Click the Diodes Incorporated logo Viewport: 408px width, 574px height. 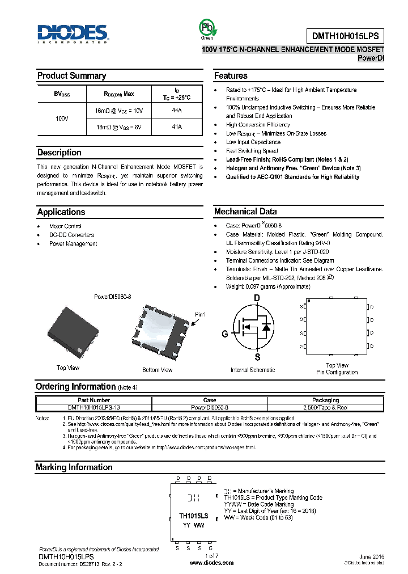pyautogui.click(x=72, y=33)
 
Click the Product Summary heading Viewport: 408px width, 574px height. pyautogui.click(x=71, y=76)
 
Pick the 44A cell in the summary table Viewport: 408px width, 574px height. pyautogui.click(x=176, y=111)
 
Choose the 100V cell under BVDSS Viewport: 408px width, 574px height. pyautogui.click(x=62, y=119)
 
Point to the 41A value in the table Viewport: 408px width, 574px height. pyautogui.click(x=176, y=127)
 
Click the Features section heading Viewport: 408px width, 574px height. pyautogui.click(x=231, y=76)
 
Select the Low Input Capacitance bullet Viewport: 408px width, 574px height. pyautogui.click(x=253, y=142)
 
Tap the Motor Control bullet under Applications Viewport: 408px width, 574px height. pyautogui.click(x=65, y=226)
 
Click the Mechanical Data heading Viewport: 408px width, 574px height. pyautogui.click(x=245, y=212)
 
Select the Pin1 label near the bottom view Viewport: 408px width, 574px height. pyautogui.click(x=200, y=315)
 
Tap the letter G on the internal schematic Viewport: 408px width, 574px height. pyautogui.click(x=224, y=334)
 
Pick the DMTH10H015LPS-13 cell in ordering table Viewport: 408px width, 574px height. pyautogui.click(x=93, y=407)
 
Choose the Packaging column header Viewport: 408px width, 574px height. pyautogui.click(x=326, y=400)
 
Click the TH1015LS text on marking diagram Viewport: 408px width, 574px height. pyautogui.click(x=193, y=516)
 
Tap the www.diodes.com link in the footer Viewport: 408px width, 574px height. pyautogui.click(x=211, y=563)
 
